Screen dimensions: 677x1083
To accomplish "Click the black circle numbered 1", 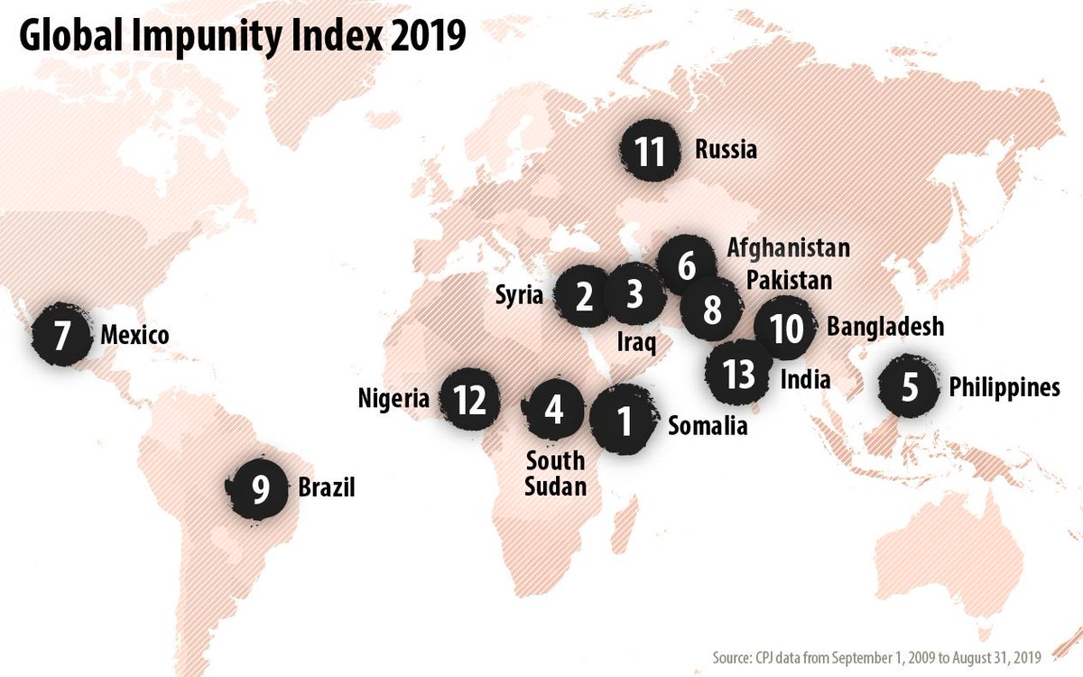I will tap(622, 421).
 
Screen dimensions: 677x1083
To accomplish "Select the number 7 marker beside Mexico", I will tap(61, 335).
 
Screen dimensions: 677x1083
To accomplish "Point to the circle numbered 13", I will tap(739, 374).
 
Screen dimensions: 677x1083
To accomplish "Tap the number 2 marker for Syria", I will tap(583, 296).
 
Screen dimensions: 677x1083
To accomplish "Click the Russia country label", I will tap(726, 149).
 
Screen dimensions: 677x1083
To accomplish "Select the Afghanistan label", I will tap(789, 246).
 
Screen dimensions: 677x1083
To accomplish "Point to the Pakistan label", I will tap(789, 280).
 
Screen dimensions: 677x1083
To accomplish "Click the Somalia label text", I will tap(708, 426).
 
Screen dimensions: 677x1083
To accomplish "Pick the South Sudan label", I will tap(556, 474).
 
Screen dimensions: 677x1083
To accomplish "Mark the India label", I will tap(805, 379).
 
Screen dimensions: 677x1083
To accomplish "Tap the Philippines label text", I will tap(1004, 387).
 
